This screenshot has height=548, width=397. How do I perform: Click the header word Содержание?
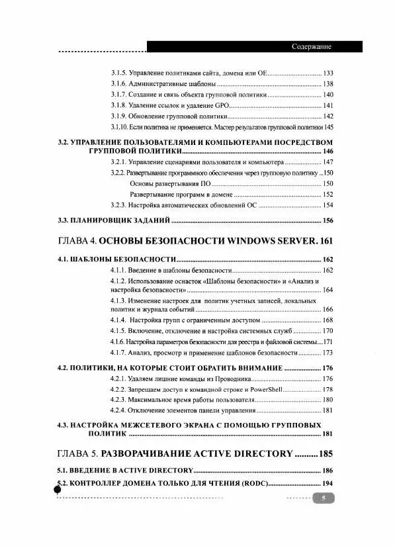[x=311, y=46]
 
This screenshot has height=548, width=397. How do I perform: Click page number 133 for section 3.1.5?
[x=328, y=72]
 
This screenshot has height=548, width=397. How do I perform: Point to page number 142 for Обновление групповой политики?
[x=328, y=116]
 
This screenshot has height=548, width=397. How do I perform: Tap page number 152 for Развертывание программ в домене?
[x=328, y=195]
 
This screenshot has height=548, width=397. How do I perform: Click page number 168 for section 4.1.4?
[x=328, y=320]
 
